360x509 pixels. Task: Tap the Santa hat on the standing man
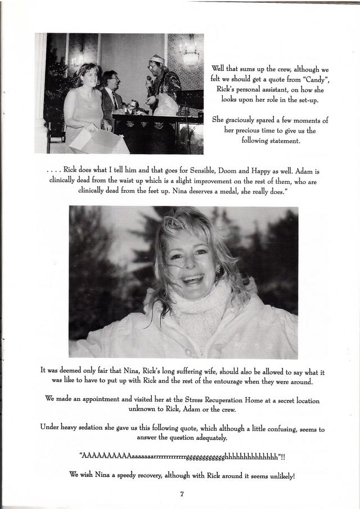click(157, 59)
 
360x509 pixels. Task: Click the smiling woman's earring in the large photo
click(218, 271)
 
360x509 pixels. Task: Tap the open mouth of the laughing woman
click(192, 279)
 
